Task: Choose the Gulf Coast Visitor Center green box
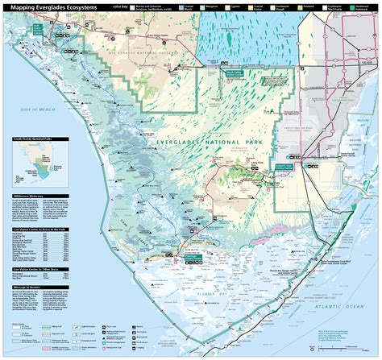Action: click(x=37, y=27)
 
